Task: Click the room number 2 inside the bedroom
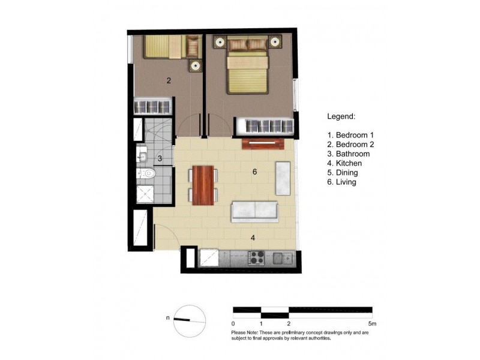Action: tap(169, 80)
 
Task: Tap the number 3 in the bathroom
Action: tap(160, 159)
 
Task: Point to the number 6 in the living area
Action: tap(255, 172)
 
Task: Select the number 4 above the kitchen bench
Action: tap(253, 238)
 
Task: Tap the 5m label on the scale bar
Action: tap(372, 323)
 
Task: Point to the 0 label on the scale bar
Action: tap(233, 323)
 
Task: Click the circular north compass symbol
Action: tap(189, 321)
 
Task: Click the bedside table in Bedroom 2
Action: tap(196, 66)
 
